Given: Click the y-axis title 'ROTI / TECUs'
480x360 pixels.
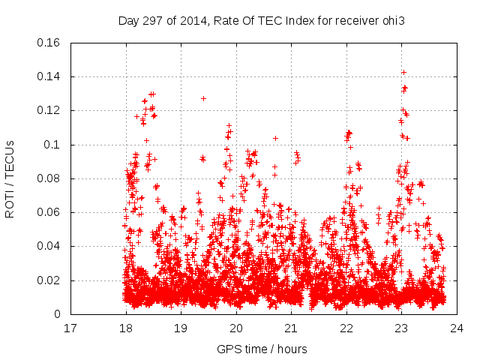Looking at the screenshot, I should pos(10,178).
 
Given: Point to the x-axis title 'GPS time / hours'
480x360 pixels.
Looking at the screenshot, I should pos(262,349).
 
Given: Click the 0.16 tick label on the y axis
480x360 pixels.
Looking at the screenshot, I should pos(49,43).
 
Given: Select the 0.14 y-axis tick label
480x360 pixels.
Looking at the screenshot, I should pos(49,76).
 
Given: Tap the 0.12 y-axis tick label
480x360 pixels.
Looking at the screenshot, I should pos(49,110).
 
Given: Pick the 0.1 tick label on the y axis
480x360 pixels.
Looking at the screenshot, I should pos(52,145).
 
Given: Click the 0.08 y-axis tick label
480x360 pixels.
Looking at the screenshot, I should pos(49,178).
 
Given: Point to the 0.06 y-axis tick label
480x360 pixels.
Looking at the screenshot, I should pos(49,212).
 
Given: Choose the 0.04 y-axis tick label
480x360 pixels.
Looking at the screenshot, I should pos(49,246).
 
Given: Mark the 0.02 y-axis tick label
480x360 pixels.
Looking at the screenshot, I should pos(49,280).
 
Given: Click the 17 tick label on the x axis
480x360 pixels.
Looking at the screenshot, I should pos(70,328).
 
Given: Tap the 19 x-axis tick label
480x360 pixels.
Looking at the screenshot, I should pos(181,328).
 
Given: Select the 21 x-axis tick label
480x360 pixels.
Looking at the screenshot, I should pos(291,328).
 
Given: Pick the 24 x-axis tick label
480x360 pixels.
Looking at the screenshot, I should pos(457,328).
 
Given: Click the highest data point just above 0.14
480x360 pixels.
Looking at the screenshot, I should pos(403,72).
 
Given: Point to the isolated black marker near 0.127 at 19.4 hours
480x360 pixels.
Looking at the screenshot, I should pos(203,98).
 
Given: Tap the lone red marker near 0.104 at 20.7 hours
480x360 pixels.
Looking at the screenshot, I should pos(275,138).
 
